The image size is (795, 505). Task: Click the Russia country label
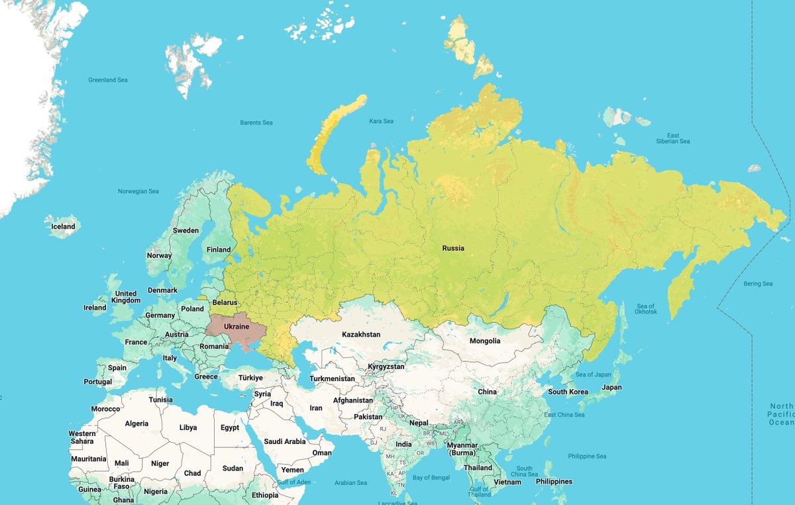[x=453, y=249]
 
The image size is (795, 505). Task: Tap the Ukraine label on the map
[x=236, y=327]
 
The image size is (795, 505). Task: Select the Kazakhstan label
[x=361, y=335]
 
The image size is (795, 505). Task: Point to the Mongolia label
[x=485, y=341]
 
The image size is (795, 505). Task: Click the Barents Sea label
[x=256, y=123]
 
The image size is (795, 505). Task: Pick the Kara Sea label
[x=381, y=121]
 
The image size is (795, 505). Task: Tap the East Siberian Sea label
[x=672, y=139]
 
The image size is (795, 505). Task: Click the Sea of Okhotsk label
[x=646, y=309]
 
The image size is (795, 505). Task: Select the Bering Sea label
[x=758, y=284]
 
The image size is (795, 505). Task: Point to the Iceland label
[x=63, y=227]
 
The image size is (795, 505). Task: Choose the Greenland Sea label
[x=108, y=80]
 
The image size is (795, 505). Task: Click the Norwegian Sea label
[x=138, y=192]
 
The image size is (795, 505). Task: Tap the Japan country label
[x=611, y=388]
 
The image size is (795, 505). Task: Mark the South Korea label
[x=568, y=392]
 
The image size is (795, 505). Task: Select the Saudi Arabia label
[x=285, y=441]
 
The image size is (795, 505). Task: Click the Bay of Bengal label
[x=431, y=478]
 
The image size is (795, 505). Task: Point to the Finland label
[x=219, y=250]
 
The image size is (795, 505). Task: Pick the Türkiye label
[x=250, y=378]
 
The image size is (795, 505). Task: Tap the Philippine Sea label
[x=587, y=457]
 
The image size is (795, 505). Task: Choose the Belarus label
[x=225, y=303]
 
